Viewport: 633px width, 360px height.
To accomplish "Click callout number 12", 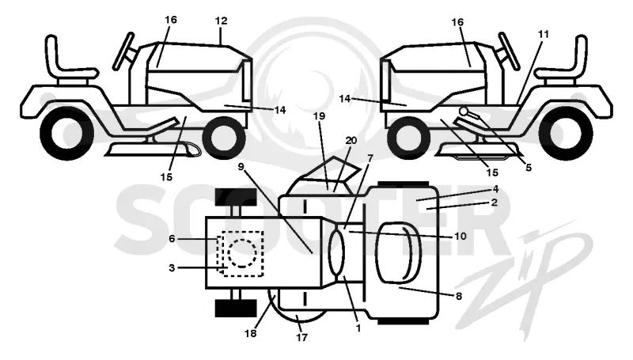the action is pos(222,21).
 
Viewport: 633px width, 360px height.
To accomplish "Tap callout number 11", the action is pos(544,35).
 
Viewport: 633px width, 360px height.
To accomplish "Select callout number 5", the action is pos(529,168).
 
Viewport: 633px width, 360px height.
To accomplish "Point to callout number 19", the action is pos(319,116).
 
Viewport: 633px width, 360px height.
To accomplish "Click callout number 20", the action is pos(351,141).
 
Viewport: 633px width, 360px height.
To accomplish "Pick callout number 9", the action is pos(241,167).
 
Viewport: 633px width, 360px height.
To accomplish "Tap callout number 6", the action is pos(172,239).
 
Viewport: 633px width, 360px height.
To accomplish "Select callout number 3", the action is pos(172,267).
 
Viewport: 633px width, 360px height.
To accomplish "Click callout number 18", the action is pos(250,333).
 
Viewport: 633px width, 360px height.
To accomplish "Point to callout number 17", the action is pos(302,337).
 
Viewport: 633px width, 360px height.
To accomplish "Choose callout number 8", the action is pos(459,296).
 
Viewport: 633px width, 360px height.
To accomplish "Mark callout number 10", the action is pos(461,236).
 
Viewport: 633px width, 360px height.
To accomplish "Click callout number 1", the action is pos(358,328).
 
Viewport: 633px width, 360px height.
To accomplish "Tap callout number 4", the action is pos(495,189).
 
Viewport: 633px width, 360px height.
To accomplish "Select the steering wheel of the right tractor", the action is pos(510,51).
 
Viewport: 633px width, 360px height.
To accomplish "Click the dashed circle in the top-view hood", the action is pos(242,253).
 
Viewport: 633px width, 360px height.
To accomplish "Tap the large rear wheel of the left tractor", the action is pos(67,132).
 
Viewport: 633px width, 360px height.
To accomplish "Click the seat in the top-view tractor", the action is pos(399,252).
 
